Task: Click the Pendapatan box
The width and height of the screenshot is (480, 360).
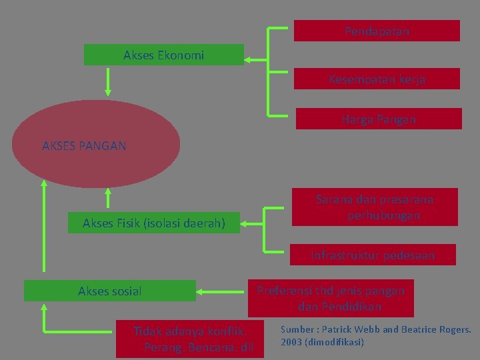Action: click(377, 31)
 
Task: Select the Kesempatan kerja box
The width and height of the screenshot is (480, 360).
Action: click(377, 79)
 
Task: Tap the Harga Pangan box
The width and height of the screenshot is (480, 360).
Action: click(378, 119)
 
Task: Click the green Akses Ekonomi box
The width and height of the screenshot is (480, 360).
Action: click(163, 55)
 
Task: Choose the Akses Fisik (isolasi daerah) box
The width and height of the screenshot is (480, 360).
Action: click(153, 223)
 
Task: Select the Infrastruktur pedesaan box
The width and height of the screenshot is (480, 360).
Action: click(372, 255)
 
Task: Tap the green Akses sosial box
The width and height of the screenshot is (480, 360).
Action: click(110, 291)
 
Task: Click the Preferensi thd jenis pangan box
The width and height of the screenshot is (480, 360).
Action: click(331, 298)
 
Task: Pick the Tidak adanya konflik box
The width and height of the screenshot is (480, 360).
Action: click(189, 339)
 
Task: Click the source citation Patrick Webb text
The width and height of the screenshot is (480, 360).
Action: click(375, 335)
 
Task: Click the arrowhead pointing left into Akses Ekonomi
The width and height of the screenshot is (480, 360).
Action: click(247, 59)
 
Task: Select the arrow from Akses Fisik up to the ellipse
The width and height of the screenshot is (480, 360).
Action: click(107, 199)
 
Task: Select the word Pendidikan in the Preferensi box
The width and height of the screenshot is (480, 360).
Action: click(340, 307)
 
